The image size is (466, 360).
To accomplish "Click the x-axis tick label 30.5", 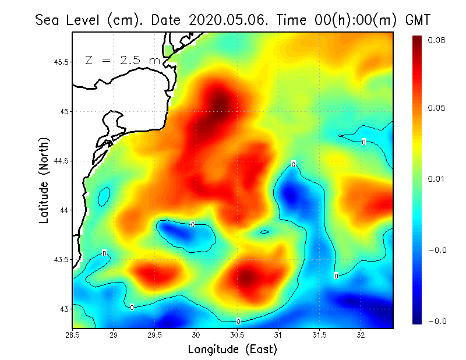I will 237,335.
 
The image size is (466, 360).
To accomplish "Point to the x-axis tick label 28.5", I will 72,335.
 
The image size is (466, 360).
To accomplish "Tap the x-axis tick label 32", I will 361,335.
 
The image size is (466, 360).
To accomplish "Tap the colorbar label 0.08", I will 437,40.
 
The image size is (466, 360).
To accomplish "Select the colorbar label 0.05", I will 437,108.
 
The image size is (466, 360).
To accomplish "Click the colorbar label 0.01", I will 437,179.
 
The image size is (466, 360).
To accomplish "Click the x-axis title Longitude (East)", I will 232,349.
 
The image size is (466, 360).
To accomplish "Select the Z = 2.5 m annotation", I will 122,60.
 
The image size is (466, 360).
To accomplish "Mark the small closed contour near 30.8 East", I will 264,232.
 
